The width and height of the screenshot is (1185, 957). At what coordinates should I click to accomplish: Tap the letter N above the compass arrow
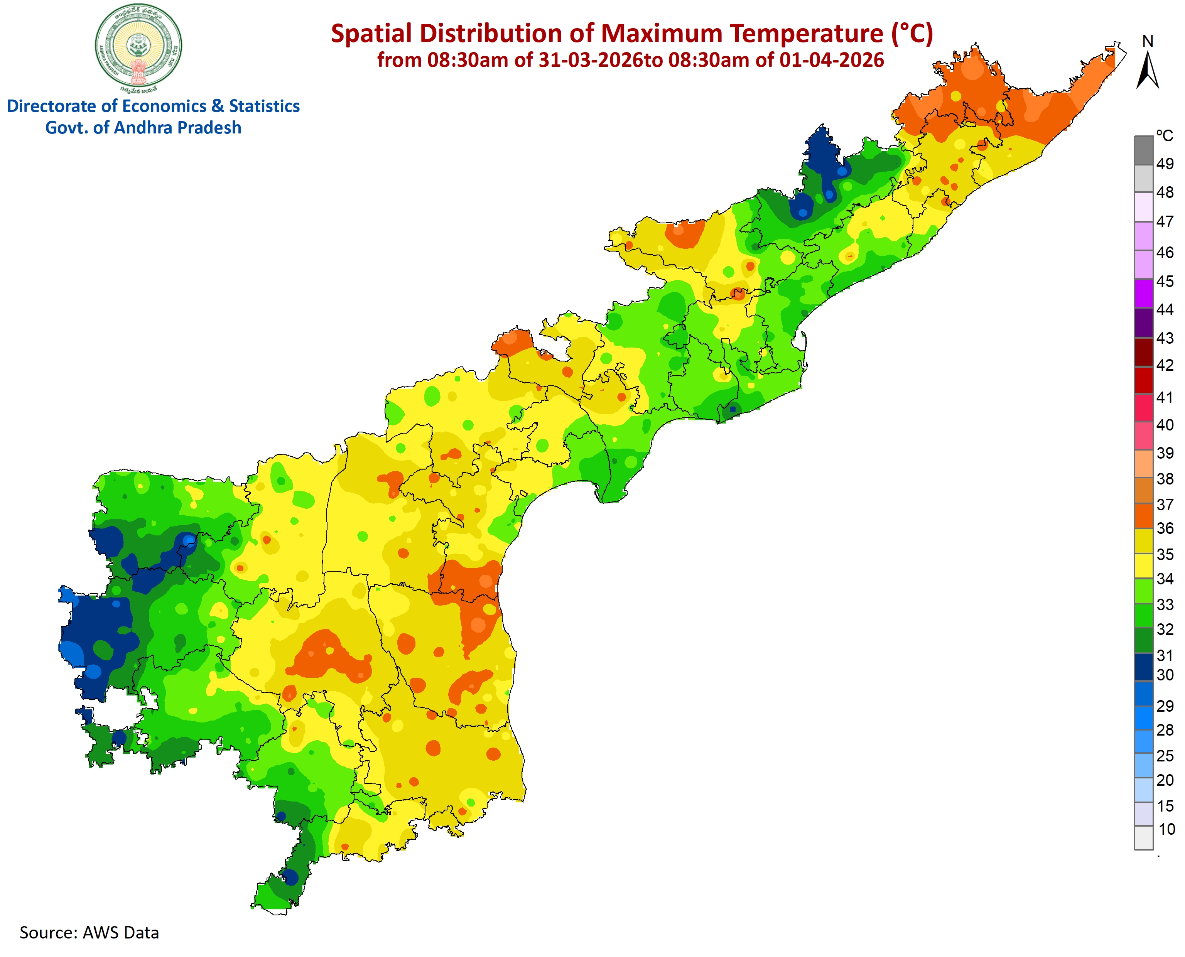[x=1148, y=41]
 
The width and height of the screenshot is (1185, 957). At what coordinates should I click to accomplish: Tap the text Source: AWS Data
[x=89, y=932]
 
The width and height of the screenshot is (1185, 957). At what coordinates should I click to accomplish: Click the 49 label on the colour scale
[x=1165, y=164]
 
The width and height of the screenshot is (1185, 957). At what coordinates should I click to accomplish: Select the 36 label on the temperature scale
[x=1165, y=528]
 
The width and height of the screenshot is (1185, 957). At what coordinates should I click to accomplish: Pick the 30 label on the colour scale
[x=1165, y=675]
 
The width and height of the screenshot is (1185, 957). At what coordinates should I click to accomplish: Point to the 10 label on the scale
[x=1166, y=829]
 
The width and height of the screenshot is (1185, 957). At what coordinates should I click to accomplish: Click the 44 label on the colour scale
[x=1165, y=310]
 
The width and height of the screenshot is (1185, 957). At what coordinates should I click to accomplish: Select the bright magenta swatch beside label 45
[x=1144, y=293]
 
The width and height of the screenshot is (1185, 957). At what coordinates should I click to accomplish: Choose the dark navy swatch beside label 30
[x=1144, y=667]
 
